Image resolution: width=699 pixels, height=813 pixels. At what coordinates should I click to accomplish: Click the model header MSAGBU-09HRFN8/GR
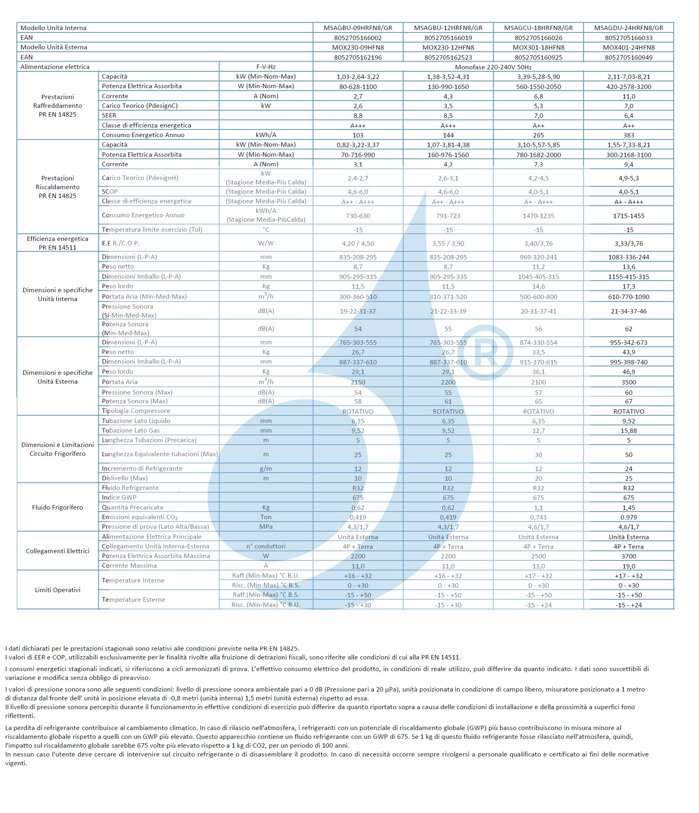[358, 28]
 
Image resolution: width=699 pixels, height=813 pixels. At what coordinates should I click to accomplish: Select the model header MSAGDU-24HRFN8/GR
[628, 28]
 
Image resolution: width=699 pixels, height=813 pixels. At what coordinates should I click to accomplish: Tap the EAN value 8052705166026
[538, 38]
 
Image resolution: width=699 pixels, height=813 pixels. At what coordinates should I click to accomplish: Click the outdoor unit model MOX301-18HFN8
[538, 47]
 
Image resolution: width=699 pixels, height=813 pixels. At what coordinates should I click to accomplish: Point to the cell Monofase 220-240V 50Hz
[493, 67]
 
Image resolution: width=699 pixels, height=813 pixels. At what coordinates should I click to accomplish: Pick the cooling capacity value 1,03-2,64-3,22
[358, 77]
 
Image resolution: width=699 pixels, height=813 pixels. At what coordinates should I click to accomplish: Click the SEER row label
[109, 115]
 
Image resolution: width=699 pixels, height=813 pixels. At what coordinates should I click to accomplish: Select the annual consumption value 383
[628, 135]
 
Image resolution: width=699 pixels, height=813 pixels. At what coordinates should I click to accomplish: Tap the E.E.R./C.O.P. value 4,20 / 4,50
[358, 243]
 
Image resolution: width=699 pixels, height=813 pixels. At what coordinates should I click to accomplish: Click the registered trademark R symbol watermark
[485, 353]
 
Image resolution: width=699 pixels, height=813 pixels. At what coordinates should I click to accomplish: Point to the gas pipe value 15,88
[628, 431]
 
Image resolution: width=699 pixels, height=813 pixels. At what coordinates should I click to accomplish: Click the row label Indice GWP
[119, 498]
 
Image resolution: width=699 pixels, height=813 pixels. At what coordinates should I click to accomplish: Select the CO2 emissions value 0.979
[628, 517]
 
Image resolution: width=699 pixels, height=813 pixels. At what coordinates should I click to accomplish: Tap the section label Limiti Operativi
[58, 590]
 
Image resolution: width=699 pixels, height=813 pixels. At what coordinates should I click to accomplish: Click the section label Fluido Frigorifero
[58, 508]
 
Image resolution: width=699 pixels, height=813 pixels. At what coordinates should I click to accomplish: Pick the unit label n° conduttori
[266, 546]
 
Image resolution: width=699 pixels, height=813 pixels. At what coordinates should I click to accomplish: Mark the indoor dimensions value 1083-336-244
[628, 257]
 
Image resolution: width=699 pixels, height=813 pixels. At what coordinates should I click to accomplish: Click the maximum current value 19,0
[628, 566]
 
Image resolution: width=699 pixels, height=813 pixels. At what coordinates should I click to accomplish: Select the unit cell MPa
[266, 527]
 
